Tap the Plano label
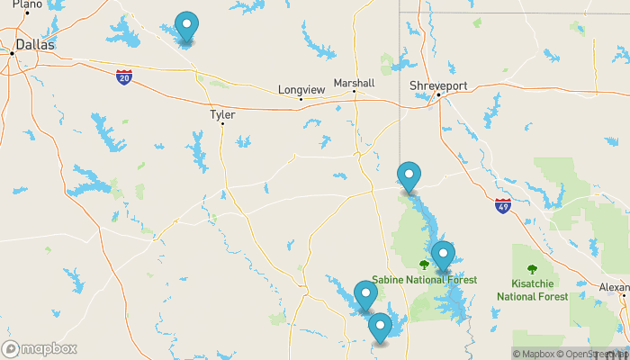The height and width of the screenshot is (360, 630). (27, 4)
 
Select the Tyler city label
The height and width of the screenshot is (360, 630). (221, 115)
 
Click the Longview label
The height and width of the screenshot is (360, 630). (301, 90)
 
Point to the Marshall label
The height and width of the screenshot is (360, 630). (353, 83)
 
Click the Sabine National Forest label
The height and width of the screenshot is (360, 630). (424, 280)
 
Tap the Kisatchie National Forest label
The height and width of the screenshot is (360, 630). (532, 290)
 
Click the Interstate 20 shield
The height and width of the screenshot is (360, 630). (124, 77)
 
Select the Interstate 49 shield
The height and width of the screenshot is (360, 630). (502, 206)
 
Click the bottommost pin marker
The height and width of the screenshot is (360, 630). (380, 328)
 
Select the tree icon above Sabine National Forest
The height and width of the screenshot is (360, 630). (424, 265)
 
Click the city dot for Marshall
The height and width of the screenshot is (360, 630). (355, 91)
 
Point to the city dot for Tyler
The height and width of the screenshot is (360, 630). (222, 123)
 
